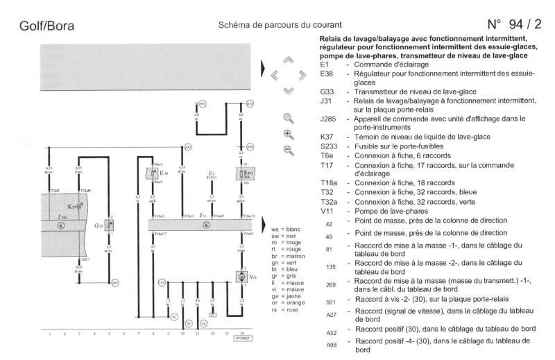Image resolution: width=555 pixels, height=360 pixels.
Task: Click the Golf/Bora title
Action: click(46, 26)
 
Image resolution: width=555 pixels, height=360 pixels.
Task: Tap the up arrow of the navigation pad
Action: click(288, 60)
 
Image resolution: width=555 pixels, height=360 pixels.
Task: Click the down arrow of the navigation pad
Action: click(288, 90)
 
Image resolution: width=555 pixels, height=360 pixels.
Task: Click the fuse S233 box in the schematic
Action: click(245, 173)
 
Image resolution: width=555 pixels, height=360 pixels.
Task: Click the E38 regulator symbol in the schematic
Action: click(153, 173)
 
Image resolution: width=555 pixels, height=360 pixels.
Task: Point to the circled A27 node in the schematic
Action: click(188, 147)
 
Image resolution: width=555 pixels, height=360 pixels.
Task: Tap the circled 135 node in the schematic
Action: click(162, 283)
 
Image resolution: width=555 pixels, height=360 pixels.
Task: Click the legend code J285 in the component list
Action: click(328, 118)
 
